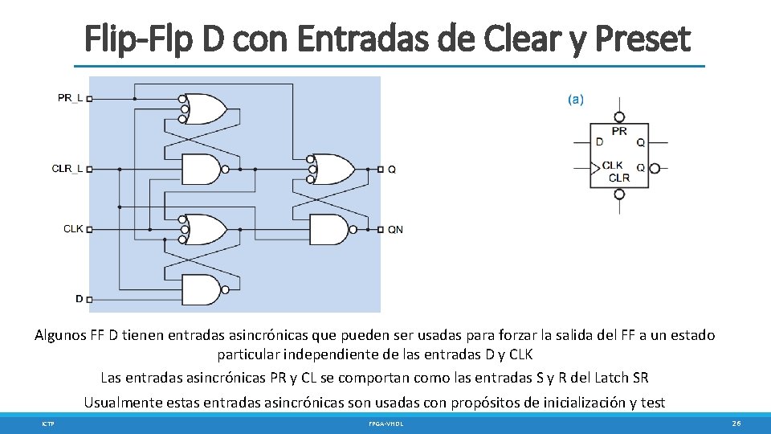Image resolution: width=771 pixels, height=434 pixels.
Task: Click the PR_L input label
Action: [70, 98]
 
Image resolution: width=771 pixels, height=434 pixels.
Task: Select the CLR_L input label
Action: [67, 169]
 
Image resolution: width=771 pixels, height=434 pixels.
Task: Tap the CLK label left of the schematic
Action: [73, 229]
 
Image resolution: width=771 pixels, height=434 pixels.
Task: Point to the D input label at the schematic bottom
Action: [80, 298]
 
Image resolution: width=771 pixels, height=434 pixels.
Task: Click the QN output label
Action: [395, 230]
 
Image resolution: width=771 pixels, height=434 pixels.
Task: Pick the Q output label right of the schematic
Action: [392, 170]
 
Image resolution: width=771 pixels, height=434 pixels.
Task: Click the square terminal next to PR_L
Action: [89, 99]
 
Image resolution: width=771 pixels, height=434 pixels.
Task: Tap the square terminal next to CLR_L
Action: [89, 170]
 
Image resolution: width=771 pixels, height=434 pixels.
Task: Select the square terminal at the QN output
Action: [380, 230]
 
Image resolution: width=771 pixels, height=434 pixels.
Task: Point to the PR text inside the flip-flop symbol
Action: [619, 131]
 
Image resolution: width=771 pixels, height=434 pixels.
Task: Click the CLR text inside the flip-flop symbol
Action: [619, 178]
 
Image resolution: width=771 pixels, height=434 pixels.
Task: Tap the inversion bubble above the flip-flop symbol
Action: [619, 116]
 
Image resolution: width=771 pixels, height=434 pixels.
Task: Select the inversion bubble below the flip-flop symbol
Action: [619, 194]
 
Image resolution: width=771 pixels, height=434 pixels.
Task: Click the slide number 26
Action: [736, 423]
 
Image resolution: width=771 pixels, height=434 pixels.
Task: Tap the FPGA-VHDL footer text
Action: [385, 424]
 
